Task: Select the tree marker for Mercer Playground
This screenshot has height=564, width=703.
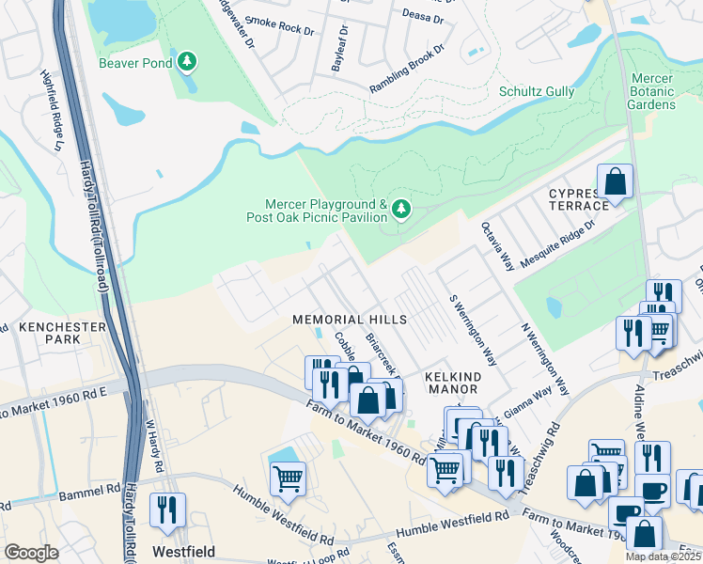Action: click(401, 208)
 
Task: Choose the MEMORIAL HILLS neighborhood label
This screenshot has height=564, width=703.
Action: click(350, 320)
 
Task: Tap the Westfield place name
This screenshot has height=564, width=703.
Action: click(184, 552)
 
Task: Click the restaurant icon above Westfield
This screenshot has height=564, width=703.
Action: click(167, 509)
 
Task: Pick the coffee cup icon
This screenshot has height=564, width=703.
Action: click(652, 491)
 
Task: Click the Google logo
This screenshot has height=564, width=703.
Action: click(31, 553)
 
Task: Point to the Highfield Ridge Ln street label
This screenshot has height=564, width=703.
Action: click(51, 111)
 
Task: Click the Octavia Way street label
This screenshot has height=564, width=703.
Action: click(497, 246)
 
